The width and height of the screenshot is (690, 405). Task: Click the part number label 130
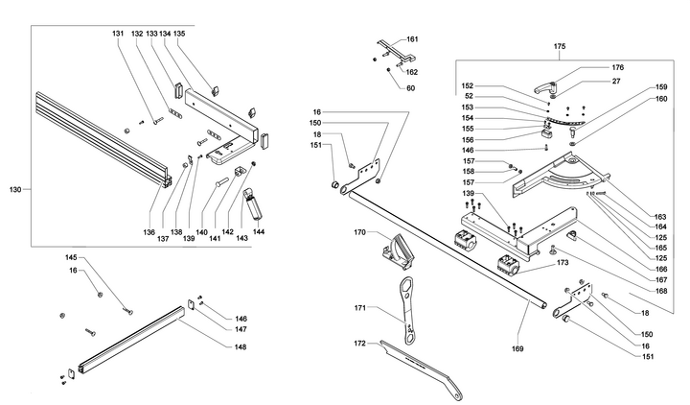[x=14, y=189]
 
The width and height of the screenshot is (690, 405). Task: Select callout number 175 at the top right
[x=560, y=46]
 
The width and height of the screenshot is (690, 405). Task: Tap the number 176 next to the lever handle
[x=618, y=67]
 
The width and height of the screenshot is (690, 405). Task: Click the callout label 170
[x=359, y=232]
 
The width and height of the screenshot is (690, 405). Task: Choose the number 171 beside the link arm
[x=359, y=308]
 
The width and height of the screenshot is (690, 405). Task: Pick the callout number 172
[x=359, y=343]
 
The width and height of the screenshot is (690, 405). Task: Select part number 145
[x=71, y=257]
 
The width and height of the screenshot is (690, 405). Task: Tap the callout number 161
[x=412, y=39]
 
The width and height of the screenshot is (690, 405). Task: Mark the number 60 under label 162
[x=410, y=88]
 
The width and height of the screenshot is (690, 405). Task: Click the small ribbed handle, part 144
[x=254, y=203]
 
